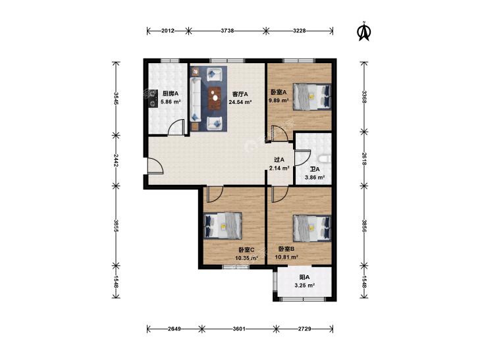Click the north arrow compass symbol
[364, 32]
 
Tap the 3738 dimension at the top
[227, 30]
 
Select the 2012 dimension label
[168, 30]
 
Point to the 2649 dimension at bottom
[174, 329]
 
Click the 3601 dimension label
[239, 329]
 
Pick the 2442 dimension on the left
[116, 161]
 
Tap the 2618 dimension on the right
[364, 159]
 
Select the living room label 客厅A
[240, 94]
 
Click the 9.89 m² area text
[279, 100]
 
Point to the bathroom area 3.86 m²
[314, 177]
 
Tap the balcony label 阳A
[305, 278]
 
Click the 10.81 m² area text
[286, 257]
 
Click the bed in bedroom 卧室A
[312, 96]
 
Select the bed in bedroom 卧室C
[223, 226]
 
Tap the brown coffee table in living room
[215, 98]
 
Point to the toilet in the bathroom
[324, 159]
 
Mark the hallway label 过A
[279, 160]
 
